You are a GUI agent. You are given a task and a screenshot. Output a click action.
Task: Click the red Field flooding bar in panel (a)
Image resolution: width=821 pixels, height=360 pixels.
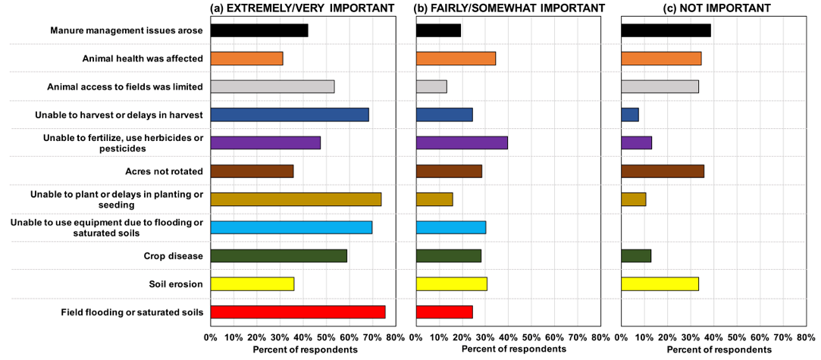coord(297,311)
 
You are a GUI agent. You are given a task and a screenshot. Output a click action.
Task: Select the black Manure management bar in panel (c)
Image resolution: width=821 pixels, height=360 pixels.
coord(666,30)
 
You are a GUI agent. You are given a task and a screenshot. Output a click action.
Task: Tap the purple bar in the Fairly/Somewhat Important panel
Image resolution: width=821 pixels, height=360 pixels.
coord(462,142)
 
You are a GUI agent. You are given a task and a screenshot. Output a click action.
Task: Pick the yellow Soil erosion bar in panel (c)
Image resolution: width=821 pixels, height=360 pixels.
coord(660,283)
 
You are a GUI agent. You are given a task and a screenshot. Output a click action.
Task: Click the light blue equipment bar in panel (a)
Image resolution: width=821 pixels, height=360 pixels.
coord(291,227)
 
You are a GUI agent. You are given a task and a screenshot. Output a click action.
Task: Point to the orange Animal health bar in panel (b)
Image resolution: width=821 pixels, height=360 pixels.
coord(456,58)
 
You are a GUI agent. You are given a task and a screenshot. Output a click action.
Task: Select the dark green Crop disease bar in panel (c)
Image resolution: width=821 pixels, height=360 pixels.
coord(636,255)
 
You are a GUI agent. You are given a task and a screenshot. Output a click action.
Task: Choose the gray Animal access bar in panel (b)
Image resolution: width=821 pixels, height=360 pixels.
coord(431,86)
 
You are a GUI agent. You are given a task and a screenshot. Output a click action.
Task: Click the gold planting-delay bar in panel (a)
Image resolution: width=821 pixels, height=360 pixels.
coord(296,199)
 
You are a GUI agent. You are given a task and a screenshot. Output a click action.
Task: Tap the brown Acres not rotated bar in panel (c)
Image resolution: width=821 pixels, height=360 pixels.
coord(663,171)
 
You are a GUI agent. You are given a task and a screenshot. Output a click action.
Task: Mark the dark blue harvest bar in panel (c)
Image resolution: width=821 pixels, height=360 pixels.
coord(630,114)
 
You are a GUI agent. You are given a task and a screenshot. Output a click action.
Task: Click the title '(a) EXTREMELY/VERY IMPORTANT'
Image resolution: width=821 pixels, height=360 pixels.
coord(302,8)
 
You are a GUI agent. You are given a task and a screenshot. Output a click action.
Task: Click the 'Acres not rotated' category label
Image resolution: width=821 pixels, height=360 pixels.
coord(158,171)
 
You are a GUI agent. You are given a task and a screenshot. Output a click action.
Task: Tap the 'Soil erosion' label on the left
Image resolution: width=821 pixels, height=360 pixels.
coord(175,284)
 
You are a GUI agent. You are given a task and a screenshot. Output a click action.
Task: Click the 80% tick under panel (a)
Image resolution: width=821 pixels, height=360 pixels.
coord(395,337)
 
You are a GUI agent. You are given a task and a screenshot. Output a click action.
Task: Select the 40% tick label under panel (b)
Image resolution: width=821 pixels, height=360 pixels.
coord(508,337)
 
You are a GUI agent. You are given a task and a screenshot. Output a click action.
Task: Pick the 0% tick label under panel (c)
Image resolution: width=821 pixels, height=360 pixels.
coord(622,337)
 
